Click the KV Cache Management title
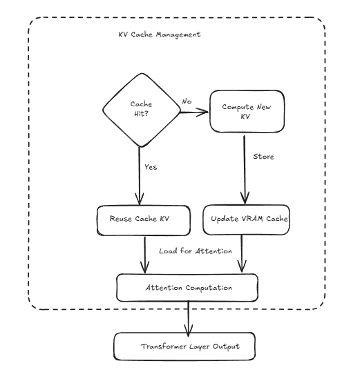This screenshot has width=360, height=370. (159, 35)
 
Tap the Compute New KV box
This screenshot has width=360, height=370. (245, 112)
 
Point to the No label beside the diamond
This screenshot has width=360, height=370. (187, 101)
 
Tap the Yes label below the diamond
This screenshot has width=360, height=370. (151, 167)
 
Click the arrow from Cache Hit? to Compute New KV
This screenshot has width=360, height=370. (195, 110)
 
